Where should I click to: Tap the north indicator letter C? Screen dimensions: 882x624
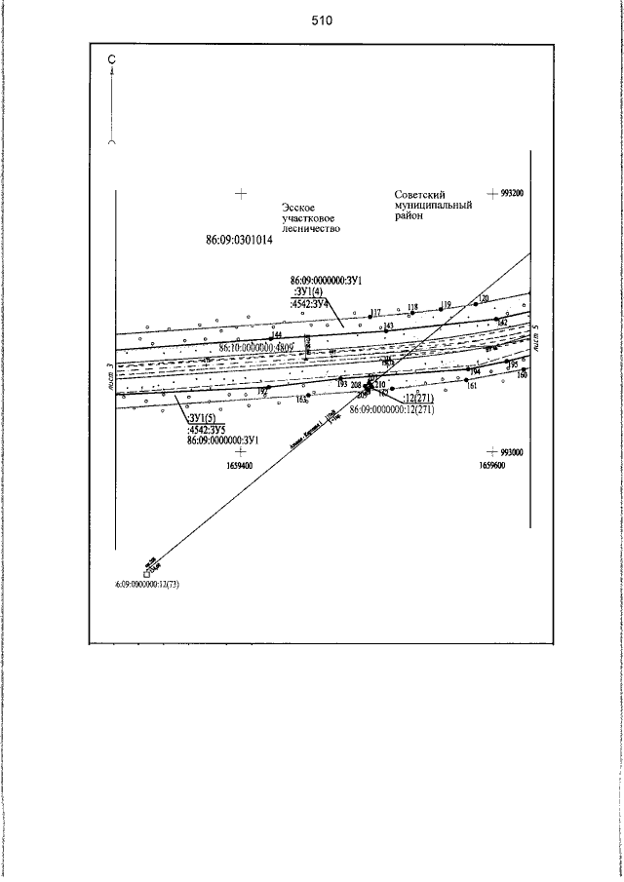pos(112,59)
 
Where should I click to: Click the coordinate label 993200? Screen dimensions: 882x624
pos(512,194)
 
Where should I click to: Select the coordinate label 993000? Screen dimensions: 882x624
pos(512,453)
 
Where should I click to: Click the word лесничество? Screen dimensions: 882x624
pos(311,229)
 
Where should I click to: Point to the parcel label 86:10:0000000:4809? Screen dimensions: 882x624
pos(257,346)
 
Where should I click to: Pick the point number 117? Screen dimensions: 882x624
pos(375,312)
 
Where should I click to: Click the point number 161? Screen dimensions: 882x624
pos(472,387)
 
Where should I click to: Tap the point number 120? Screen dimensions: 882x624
pos(483,297)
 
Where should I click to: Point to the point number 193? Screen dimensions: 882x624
pos(342,384)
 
